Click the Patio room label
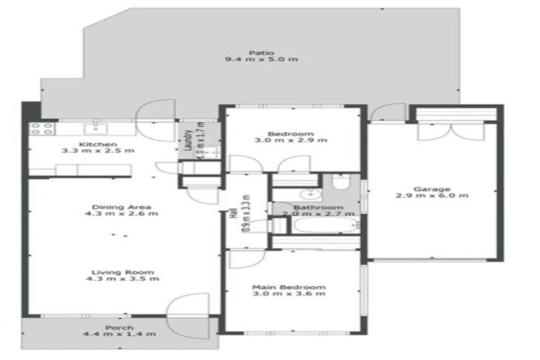260,51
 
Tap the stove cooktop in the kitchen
40,129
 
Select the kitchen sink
93,129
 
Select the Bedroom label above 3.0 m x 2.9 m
290,134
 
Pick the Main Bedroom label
290,287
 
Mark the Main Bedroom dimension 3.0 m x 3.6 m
290,295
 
